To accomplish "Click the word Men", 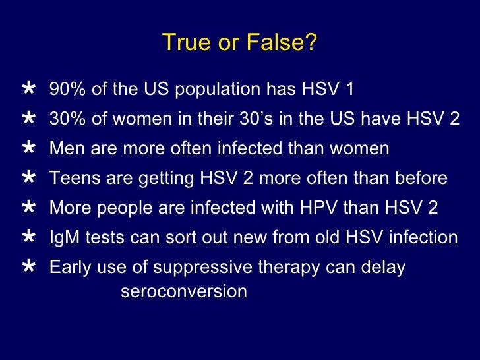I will click(x=65, y=149).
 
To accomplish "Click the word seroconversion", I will click(x=184, y=291).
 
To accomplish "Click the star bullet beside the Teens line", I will click(x=29, y=177).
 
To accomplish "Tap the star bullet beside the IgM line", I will click(x=29, y=236).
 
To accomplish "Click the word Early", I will click(x=69, y=268).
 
